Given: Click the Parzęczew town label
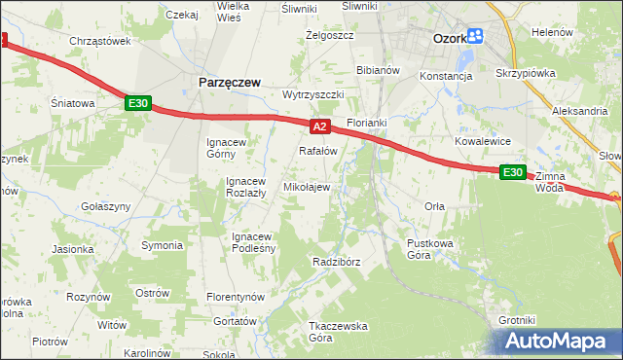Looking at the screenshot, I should click(x=229, y=83).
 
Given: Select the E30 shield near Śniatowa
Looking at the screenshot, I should click(x=137, y=103).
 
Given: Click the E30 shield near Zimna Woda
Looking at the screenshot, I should click(x=513, y=172).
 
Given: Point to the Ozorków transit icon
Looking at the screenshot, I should click(x=475, y=37).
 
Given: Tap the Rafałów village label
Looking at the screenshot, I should click(x=317, y=151).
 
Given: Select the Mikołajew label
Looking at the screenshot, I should click(x=307, y=187).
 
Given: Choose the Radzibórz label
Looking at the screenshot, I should click(x=337, y=262).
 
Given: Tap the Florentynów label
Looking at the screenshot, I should click(x=237, y=296).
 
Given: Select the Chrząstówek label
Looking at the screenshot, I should click(x=100, y=41).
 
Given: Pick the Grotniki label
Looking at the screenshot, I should click(x=517, y=320).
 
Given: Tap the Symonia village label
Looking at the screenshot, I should click(x=162, y=244).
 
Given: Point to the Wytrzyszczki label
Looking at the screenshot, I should click(x=313, y=95).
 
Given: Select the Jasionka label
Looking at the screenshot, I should click(x=73, y=249).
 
